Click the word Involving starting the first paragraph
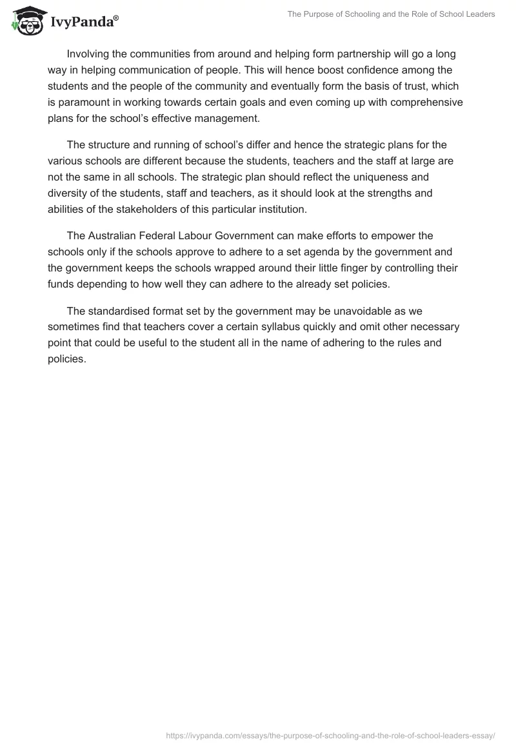[88, 54]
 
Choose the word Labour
[195, 236]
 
